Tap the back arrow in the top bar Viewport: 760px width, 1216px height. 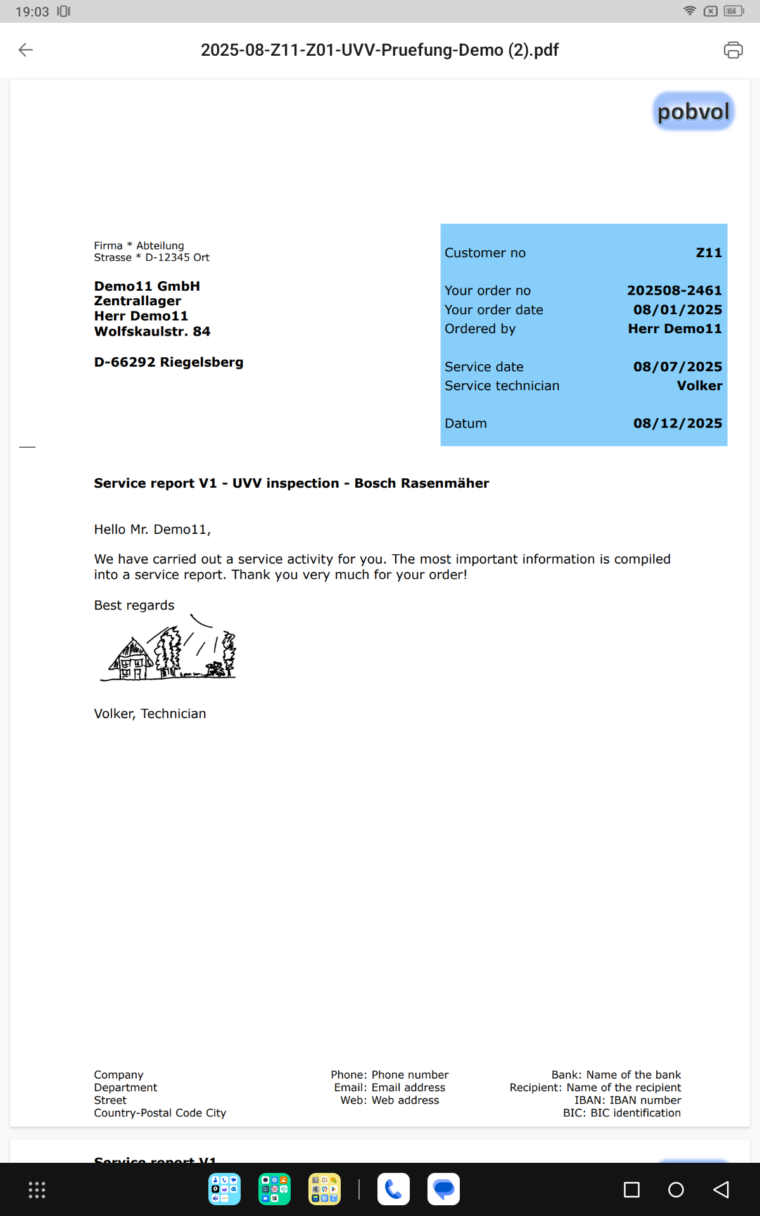click(25, 50)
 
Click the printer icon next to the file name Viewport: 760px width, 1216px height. click(733, 50)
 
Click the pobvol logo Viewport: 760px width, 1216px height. click(693, 112)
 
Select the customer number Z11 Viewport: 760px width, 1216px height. click(709, 253)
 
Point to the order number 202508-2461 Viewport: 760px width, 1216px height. click(674, 291)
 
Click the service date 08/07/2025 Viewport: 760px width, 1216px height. click(677, 367)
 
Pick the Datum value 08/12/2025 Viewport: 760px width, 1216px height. click(677, 423)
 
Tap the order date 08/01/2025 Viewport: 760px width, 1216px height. click(677, 310)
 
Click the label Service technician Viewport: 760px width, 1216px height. click(502, 386)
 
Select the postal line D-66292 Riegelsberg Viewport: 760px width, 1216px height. click(168, 362)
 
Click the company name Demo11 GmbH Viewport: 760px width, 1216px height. click(147, 286)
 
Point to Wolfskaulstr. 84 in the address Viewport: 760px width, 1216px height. click(152, 331)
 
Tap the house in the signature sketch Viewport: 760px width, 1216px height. click(132, 660)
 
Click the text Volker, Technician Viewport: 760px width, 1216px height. click(150, 714)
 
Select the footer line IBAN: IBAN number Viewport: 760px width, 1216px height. click(627, 1100)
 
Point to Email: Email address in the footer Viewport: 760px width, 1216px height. click(389, 1087)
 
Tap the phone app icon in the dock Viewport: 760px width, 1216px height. click(393, 1189)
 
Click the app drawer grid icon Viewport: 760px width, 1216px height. click(37, 1190)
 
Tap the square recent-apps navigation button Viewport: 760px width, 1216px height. click(631, 1190)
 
